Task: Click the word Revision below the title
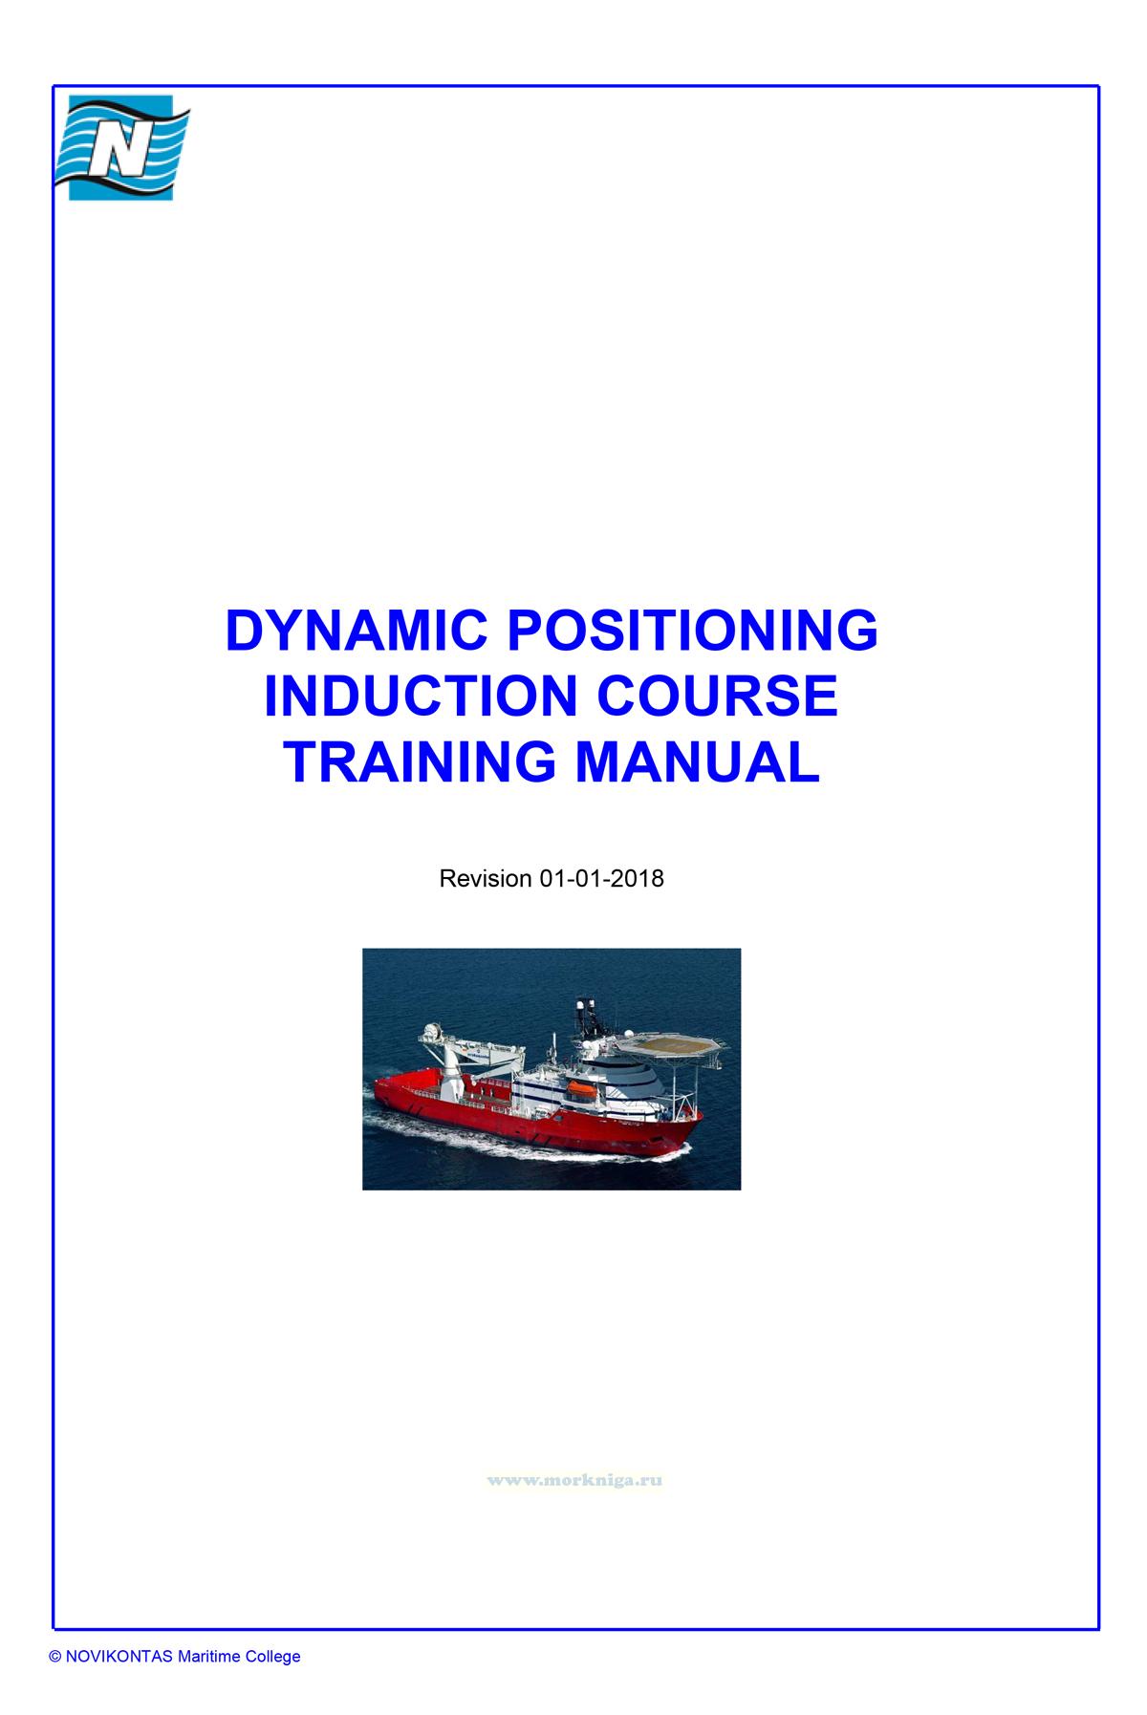(x=485, y=878)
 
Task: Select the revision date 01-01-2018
(x=601, y=878)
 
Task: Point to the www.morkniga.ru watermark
(x=574, y=1479)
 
